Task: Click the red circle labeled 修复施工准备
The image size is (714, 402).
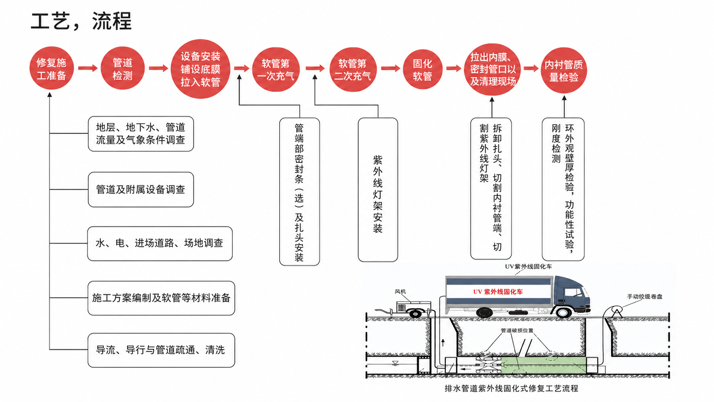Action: coord(51,68)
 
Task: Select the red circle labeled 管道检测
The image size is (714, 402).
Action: coord(123,68)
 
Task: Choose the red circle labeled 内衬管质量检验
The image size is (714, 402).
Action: coord(564,70)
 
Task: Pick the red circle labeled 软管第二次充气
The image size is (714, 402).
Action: coord(353,70)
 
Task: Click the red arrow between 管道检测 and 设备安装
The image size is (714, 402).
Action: coord(158,68)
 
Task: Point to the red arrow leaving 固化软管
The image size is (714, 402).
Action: coord(454,68)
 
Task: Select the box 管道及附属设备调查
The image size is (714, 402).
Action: coord(140,190)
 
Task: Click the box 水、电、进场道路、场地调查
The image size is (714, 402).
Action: coord(160,244)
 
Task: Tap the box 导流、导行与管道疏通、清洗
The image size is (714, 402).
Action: coord(161,350)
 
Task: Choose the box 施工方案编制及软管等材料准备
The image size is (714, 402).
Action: coord(161,298)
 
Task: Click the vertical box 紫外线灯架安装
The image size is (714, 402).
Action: coord(378,190)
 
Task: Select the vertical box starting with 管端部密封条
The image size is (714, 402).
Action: coord(299,191)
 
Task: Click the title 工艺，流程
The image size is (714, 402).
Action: coord(81,21)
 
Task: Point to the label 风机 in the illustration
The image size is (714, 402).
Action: coord(401,291)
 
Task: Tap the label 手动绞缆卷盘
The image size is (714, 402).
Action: coord(644,296)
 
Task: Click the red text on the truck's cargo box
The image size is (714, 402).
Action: coord(498,292)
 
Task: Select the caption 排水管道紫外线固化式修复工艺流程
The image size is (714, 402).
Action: coord(511,389)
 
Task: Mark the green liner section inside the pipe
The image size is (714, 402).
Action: coord(544,365)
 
